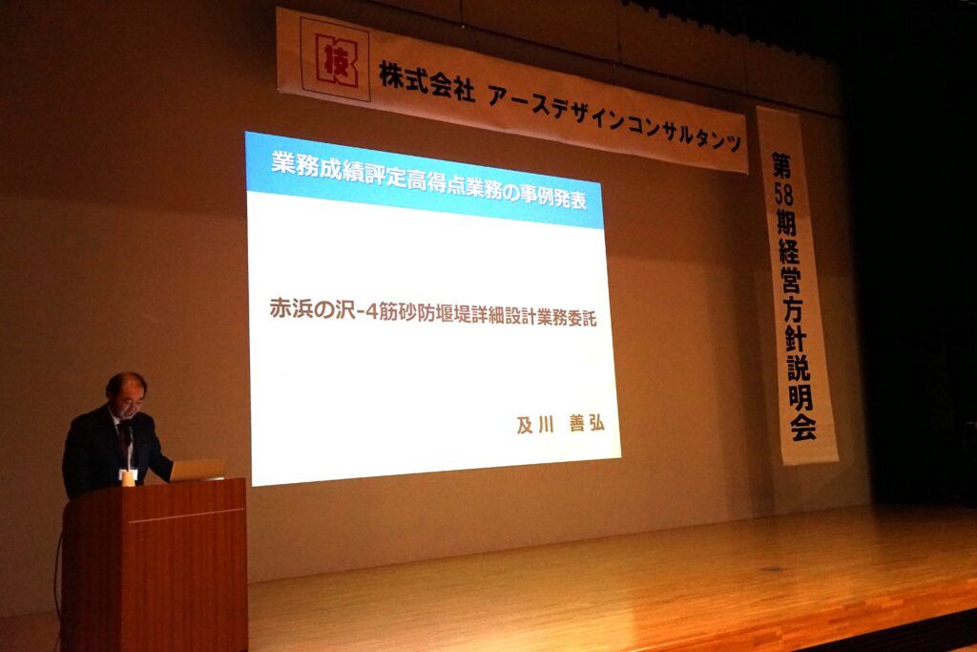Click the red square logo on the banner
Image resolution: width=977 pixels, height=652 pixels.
tap(335, 59)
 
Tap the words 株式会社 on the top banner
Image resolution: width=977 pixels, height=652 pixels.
tap(426, 80)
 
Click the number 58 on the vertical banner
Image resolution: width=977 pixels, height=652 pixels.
tap(784, 195)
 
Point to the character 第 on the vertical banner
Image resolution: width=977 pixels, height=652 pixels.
tap(782, 166)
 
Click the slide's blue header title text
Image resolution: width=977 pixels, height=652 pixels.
tap(429, 181)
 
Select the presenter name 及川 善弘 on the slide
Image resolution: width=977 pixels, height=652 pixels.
tap(560, 424)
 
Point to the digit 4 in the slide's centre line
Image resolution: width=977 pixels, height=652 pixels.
tap(371, 312)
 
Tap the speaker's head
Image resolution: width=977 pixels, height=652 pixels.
tap(127, 393)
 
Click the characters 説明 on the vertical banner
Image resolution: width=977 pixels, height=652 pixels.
tap(799, 382)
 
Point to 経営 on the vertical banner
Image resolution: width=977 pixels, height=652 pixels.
tap(789, 264)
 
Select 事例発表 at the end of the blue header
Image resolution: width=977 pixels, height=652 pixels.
tap(549, 197)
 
